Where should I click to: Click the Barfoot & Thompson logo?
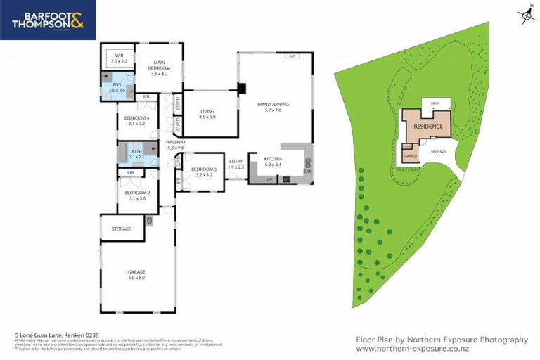tap(47, 20)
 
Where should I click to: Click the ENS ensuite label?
tap(116, 87)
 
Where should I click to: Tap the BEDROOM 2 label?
tap(137, 195)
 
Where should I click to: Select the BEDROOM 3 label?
tap(204, 172)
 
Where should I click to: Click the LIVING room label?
tap(207, 114)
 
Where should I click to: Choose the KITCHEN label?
tap(273, 162)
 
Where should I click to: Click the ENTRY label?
tap(236, 164)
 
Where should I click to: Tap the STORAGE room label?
tap(122, 228)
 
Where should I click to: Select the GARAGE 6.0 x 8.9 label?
tap(137, 274)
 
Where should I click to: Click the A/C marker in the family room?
tap(290, 56)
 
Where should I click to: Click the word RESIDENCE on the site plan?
tap(428, 126)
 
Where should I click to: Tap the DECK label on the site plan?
tap(435, 103)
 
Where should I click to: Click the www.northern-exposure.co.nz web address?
tap(413, 349)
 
